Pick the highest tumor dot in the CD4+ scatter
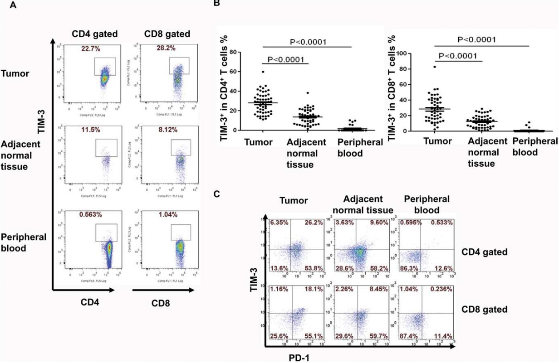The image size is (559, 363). [262, 72]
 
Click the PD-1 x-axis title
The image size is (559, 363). [299, 358]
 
